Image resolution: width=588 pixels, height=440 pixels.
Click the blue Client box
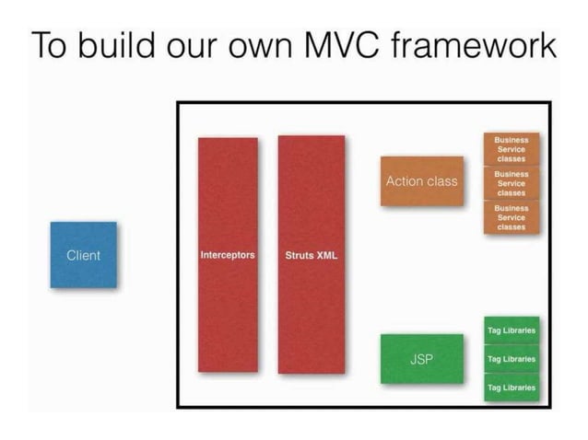[x=83, y=255]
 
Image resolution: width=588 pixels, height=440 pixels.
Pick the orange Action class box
[x=421, y=181]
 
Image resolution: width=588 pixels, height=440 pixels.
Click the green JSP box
[x=421, y=358]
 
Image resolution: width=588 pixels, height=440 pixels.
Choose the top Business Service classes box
[x=511, y=149]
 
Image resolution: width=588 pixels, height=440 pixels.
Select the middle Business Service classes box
[x=511, y=183]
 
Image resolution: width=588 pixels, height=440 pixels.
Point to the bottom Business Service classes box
[x=511, y=217]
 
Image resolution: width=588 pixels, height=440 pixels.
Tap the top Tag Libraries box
[x=511, y=330]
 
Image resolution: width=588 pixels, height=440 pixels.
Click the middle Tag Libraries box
[x=511, y=358]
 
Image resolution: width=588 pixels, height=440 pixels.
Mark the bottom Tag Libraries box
[x=511, y=388]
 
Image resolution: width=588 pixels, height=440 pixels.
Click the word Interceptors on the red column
[x=228, y=255]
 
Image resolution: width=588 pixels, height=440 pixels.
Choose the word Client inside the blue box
[x=83, y=255]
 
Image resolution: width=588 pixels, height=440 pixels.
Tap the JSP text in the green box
[x=421, y=358]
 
